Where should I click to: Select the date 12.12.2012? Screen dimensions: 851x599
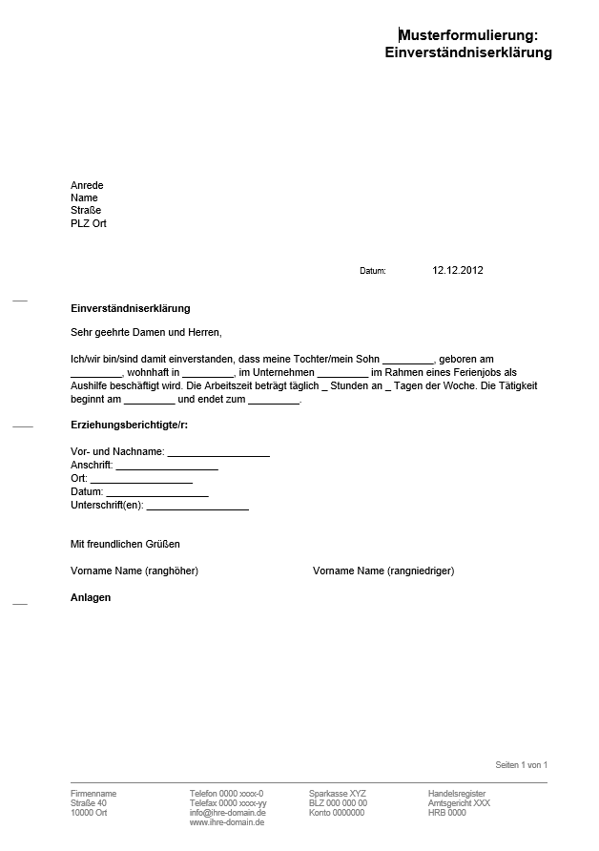coord(458,270)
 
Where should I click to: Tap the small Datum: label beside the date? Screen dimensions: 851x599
coord(373,271)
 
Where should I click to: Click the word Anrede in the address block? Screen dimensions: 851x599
coord(87,185)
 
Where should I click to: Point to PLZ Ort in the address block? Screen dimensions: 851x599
coord(89,223)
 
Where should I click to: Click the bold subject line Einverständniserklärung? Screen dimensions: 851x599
coord(131,308)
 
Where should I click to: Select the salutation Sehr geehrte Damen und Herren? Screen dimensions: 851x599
coord(146,333)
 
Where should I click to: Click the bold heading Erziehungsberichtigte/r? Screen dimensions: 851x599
coord(129,424)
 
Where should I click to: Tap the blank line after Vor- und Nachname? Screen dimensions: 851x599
coord(218,451)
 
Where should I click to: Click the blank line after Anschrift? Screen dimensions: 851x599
coord(167,465)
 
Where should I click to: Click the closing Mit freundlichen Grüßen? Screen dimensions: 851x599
coord(125,544)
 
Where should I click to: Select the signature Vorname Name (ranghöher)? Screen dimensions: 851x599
coord(134,571)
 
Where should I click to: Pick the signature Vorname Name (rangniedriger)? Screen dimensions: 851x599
coord(383,571)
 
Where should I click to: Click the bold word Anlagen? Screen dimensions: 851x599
coord(91,597)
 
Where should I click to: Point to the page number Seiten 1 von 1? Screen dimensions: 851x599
coord(521,765)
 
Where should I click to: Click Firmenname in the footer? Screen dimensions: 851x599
coord(93,794)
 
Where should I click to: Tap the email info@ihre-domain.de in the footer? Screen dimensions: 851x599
coord(228,813)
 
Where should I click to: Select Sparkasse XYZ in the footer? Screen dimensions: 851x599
coord(337,794)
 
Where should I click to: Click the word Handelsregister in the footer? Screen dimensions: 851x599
coord(457,794)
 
